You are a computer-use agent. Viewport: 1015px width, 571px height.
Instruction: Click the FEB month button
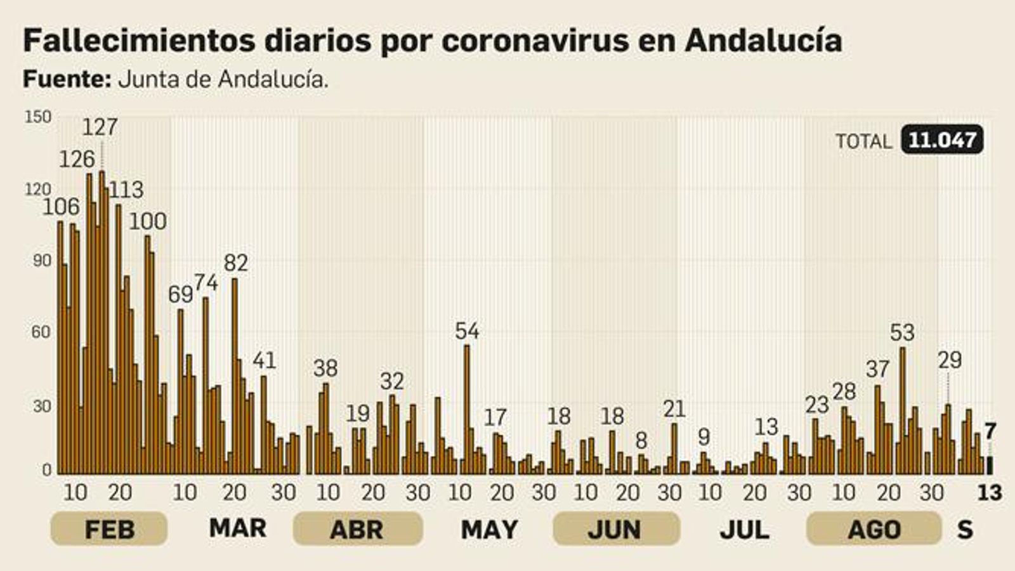(x=109, y=528)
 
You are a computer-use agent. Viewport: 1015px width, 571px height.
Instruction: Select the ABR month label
(x=357, y=528)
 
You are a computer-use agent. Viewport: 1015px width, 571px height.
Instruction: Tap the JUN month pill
(x=615, y=528)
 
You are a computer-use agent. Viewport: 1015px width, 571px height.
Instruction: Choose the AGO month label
(x=874, y=528)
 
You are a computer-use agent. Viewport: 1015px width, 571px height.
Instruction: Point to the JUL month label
(x=744, y=529)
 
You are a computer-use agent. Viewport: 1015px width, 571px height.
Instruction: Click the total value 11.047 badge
(x=942, y=140)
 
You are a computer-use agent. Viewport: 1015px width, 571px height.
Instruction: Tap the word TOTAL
(x=863, y=141)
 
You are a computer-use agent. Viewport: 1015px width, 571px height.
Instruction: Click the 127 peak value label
(x=100, y=127)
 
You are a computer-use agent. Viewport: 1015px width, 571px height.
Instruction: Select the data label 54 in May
(x=468, y=331)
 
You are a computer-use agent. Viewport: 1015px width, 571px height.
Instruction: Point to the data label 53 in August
(x=902, y=332)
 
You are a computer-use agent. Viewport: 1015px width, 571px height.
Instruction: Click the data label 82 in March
(x=236, y=262)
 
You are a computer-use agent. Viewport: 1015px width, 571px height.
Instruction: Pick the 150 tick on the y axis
(x=37, y=117)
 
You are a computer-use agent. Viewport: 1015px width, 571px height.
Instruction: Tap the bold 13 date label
(x=990, y=492)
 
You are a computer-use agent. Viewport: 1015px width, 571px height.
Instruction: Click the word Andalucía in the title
(x=764, y=41)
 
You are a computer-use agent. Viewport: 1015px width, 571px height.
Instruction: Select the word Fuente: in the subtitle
(x=67, y=79)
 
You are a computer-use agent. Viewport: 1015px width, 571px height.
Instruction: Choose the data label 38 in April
(x=326, y=368)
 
